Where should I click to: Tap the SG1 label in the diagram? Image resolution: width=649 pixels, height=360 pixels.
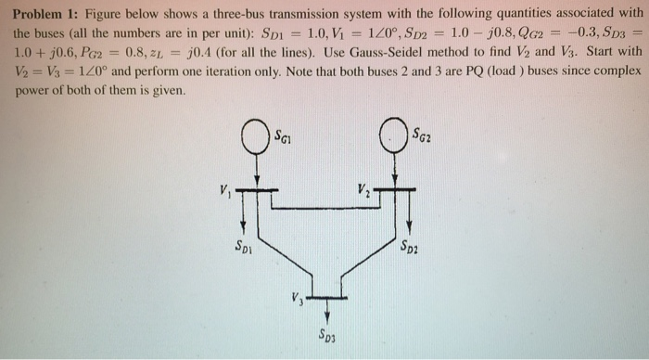283,138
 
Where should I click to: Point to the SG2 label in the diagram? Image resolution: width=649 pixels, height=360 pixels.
423,137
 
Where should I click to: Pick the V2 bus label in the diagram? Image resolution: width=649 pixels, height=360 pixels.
363,192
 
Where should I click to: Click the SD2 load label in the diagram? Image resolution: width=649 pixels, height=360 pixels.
410,247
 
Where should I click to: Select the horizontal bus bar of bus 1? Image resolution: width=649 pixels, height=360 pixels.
255,191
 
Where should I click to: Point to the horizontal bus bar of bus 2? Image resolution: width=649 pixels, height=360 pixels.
397,191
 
